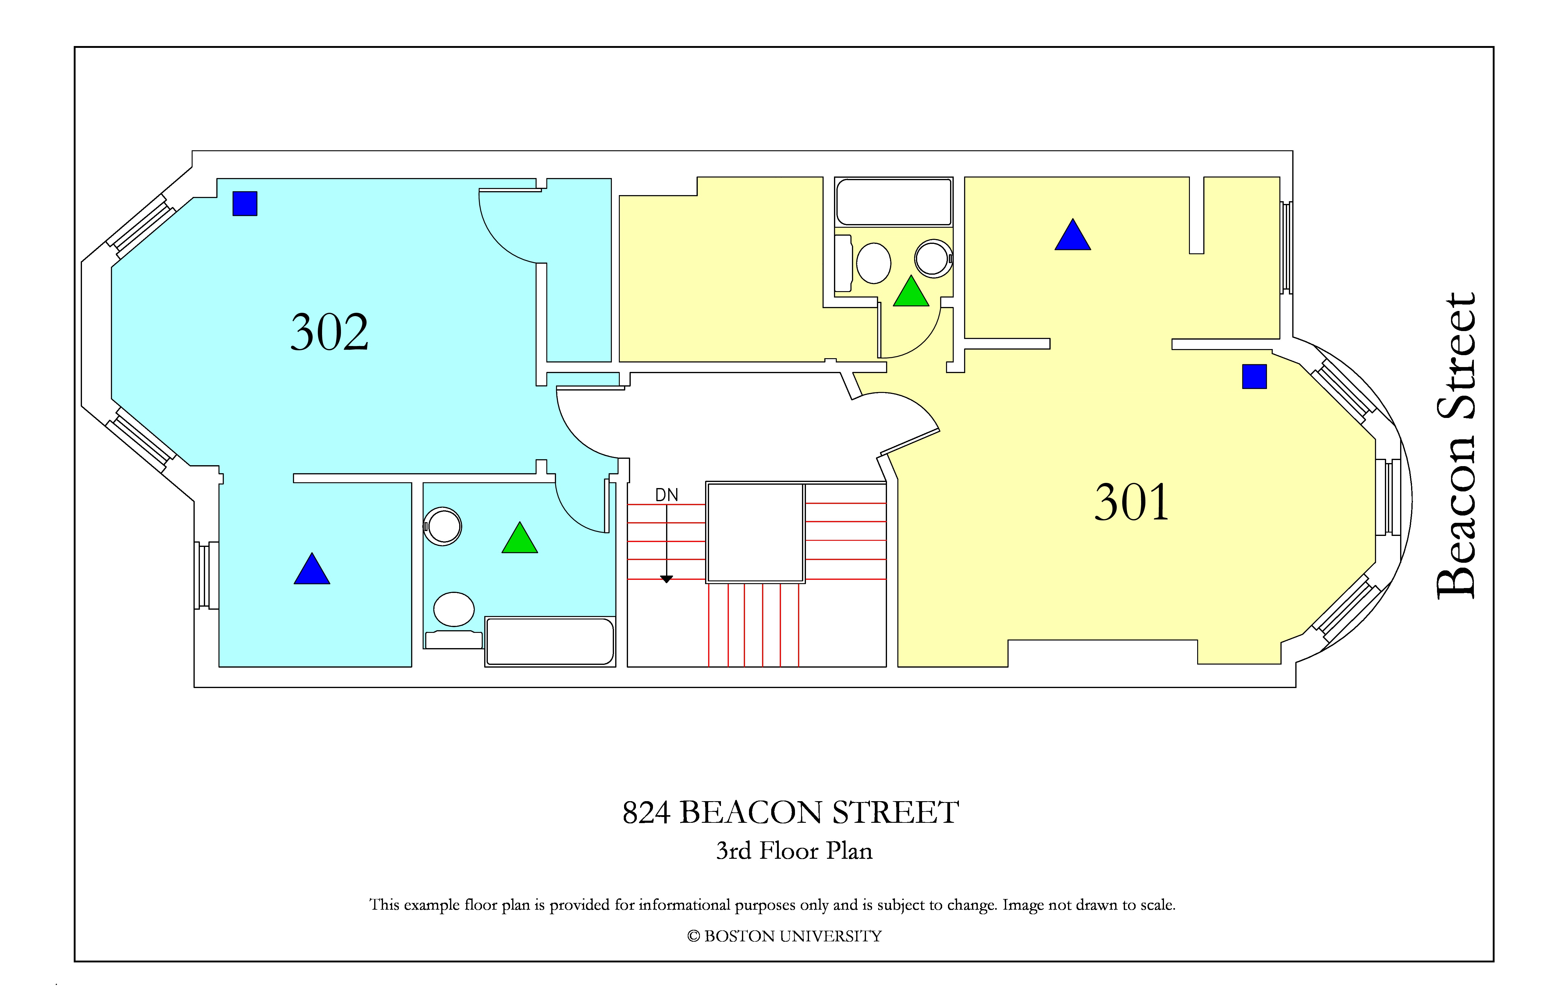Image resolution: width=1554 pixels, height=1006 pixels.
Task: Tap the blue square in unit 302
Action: pyautogui.click(x=245, y=203)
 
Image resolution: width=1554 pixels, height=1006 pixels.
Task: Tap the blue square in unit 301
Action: pyautogui.click(x=1254, y=377)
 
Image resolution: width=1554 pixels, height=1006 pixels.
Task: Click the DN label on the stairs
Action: pyautogui.click(x=667, y=495)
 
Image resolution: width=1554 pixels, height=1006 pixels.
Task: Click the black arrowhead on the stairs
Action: pyautogui.click(x=667, y=579)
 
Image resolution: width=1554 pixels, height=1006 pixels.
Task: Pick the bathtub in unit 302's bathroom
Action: pyautogui.click(x=550, y=641)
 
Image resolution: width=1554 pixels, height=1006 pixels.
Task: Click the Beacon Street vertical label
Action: pyautogui.click(x=1455, y=445)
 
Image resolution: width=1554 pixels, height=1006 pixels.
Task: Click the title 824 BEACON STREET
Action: pyautogui.click(x=791, y=813)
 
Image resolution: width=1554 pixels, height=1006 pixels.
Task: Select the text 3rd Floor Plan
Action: pyautogui.click(x=794, y=851)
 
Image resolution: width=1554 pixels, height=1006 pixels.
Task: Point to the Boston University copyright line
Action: pyautogui.click(x=784, y=936)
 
